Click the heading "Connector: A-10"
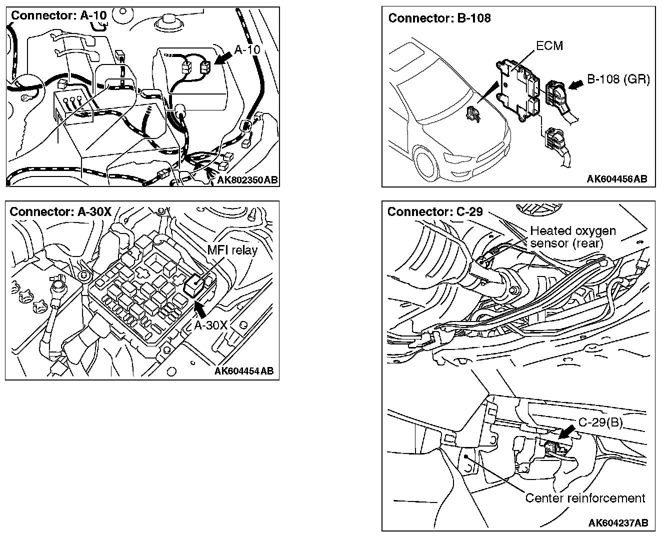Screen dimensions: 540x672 point(59,15)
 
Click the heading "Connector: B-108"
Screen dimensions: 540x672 point(439,18)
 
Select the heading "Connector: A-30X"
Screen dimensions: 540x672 point(60,211)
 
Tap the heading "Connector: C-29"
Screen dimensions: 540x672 point(435,211)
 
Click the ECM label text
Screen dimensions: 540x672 point(549,46)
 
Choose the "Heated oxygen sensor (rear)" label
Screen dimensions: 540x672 point(572,237)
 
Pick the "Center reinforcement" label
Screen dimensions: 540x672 point(585,498)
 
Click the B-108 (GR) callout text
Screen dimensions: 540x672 point(618,79)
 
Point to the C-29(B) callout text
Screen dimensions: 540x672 point(600,422)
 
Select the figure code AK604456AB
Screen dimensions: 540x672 point(617,179)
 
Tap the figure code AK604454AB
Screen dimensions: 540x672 point(243,371)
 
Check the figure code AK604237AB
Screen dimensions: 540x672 point(618,523)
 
